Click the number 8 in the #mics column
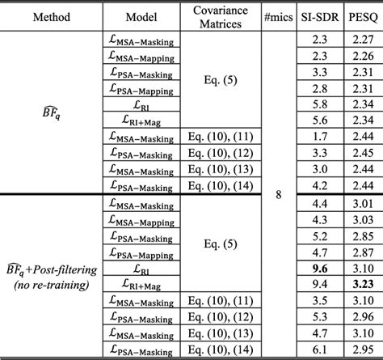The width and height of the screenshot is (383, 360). tap(278, 195)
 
